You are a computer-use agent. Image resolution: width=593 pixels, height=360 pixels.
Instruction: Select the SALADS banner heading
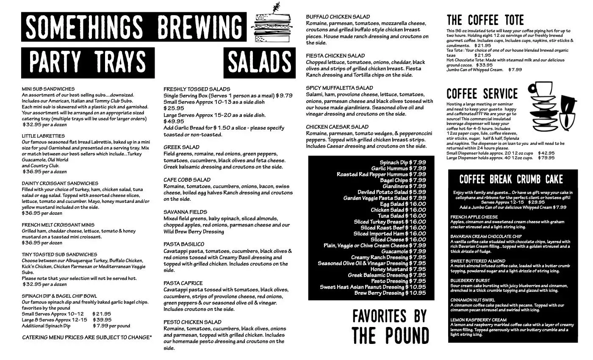click(259, 63)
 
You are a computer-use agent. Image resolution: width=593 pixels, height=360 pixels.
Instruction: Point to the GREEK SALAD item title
click(181, 147)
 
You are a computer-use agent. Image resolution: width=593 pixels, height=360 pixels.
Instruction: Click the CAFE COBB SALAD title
click(187, 180)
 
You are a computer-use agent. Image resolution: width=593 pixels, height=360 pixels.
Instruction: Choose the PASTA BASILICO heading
click(184, 244)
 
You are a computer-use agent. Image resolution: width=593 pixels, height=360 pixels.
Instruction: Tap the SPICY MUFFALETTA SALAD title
click(339, 88)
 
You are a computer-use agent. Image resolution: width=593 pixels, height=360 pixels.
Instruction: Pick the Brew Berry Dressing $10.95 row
click(390, 293)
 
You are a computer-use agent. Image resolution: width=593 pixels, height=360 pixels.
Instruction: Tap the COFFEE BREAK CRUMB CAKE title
click(511, 179)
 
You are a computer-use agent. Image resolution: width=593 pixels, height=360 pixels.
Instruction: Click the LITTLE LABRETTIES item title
click(43, 136)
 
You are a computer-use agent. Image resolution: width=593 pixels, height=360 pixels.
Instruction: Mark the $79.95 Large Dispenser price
click(546, 158)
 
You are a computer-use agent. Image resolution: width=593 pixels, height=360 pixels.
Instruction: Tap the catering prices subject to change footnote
click(87, 337)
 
